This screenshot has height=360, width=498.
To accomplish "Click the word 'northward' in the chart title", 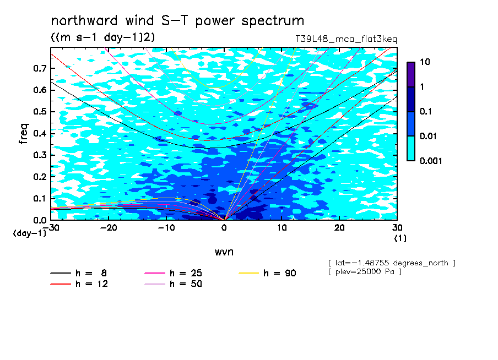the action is [84, 20].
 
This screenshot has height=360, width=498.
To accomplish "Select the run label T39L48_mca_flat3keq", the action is [346, 39].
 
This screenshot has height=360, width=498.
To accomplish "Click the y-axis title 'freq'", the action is [24, 134].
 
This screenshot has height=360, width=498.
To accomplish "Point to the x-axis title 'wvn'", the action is [224, 252].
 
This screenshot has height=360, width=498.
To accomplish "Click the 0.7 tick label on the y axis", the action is [40, 68].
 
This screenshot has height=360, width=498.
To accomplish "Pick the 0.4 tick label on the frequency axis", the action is [40, 133].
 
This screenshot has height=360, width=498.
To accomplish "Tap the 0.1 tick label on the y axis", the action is [40, 198].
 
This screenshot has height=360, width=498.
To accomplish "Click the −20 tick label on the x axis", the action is [109, 228].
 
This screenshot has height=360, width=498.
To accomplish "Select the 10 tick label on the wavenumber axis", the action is [282, 228].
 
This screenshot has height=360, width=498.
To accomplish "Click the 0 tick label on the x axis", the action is [224, 228].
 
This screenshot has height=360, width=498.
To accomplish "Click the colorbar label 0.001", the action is [431, 161].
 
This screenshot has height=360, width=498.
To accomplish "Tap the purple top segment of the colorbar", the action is [411, 75].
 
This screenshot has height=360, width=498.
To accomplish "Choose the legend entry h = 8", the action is [79, 273].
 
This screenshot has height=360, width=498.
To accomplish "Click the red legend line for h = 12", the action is [61, 284].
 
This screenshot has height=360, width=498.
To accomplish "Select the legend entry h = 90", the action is [267, 273].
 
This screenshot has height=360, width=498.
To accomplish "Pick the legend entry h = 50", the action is [174, 284].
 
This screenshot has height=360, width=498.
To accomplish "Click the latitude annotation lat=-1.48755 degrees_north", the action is [392, 263].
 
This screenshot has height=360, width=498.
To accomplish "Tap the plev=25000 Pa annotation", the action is [365, 272].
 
